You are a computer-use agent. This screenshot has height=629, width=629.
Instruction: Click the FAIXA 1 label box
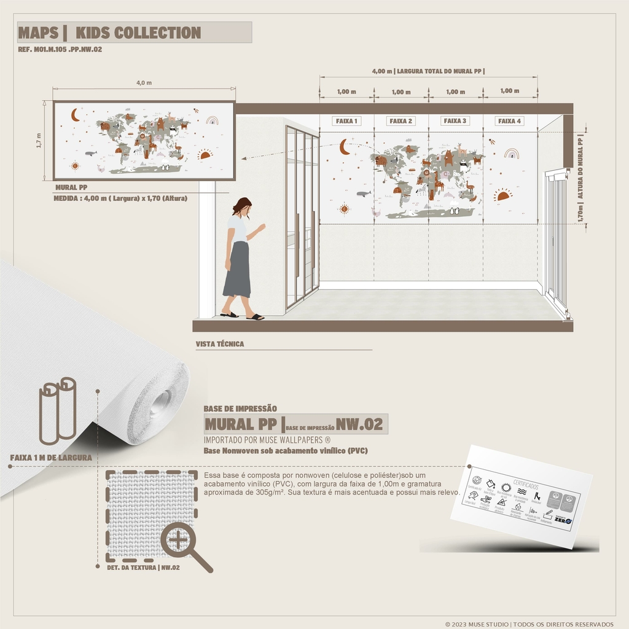click(x=346, y=121)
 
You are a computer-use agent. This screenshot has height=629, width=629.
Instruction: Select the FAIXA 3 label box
click(x=455, y=121)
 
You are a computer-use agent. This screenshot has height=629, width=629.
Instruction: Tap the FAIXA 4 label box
click(x=509, y=121)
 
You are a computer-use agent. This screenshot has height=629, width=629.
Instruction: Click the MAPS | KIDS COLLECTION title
click(x=109, y=33)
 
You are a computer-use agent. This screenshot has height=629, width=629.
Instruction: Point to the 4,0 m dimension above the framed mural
click(x=144, y=83)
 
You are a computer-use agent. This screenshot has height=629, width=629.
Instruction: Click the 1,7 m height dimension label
click(x=39, y=140)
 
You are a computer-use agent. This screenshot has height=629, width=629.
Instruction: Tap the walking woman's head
click(x=243, y=206)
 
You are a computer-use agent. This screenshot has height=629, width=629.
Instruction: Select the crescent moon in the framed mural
click(x=75, y=115)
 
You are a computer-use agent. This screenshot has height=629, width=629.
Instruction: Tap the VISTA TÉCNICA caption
click(x=220, y=344)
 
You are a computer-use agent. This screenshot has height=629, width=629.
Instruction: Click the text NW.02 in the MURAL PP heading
click(x=359, y=424)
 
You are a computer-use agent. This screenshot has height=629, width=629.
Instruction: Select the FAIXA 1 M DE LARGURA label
click(x=51, y=458)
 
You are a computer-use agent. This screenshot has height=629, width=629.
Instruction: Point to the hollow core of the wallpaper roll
click(x=160, y=402)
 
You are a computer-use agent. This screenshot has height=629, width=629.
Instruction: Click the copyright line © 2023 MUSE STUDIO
click(x=529, y=624)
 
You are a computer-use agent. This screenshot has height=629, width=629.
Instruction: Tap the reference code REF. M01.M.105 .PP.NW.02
click(x=60, y=49)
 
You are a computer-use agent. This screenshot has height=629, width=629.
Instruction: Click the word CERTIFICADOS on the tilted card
click(x=526, y=485)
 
